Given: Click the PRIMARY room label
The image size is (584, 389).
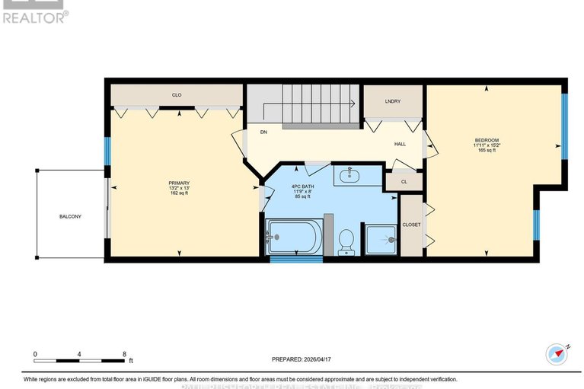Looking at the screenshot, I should (x=179, y=183).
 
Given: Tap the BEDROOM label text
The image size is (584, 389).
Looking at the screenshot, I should (x=487, y=140).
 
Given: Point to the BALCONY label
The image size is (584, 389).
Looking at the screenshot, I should (x=70, y=217).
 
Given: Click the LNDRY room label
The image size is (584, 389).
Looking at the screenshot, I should (x=393, y=100).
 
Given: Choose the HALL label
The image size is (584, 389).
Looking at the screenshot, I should (x=400, y=143).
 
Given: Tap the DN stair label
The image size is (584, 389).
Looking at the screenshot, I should (x=264, y=132).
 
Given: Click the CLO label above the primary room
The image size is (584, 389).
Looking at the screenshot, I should (x=176, y=95).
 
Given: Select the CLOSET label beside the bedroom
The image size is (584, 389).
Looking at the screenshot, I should (x=411, y=225).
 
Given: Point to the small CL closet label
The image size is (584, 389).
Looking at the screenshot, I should (x=404, y=182).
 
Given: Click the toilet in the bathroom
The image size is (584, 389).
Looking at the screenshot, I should (x=346, y=240).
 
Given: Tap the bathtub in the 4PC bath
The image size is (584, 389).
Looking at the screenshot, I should (x=295, y=238).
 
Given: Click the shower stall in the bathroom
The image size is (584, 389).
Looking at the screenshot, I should (x=381, y=240).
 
